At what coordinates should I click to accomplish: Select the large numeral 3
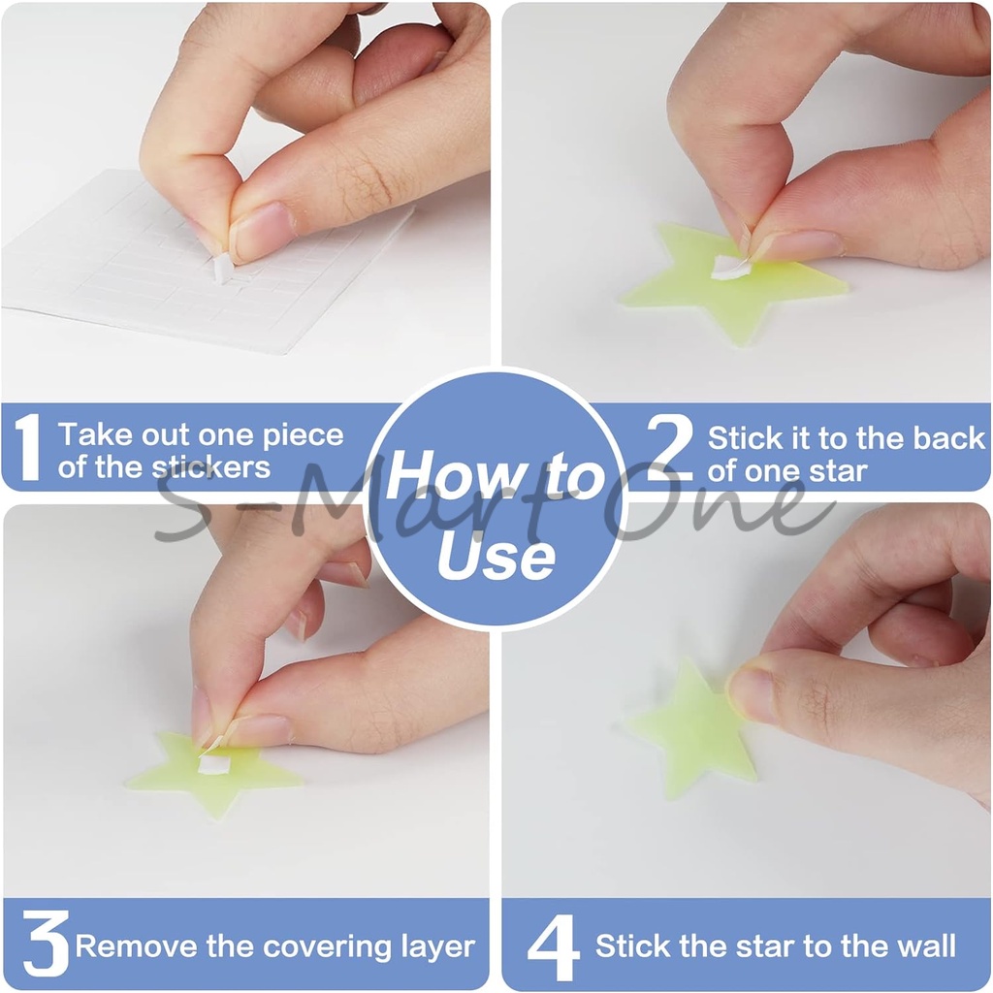point(45,943)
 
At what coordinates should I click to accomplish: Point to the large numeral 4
point(554,946)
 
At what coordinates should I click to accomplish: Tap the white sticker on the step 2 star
point(729,268)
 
